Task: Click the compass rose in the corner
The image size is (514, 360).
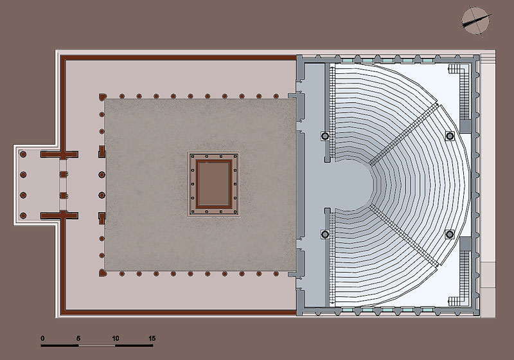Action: [476, 21]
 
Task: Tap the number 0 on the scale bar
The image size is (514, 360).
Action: [42, 338]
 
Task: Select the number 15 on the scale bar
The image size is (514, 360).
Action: [152, 338]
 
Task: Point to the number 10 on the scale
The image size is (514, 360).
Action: [116, 338]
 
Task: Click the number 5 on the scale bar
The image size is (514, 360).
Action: [78, 338]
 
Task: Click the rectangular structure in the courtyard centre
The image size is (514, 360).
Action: [214, 184]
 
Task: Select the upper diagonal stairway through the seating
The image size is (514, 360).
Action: [403, 134]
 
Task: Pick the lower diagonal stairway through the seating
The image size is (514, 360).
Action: [403, 235]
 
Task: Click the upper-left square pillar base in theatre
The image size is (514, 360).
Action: [325, 136]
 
